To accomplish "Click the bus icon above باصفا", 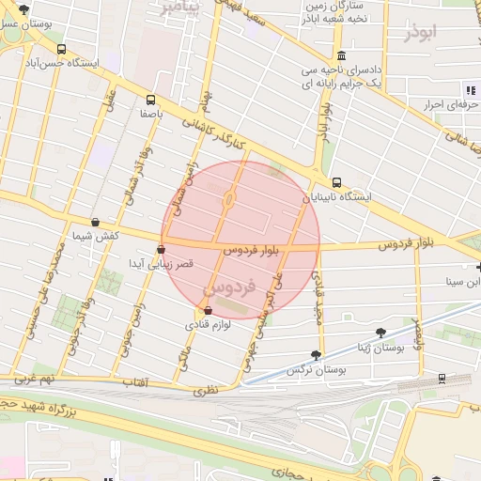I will click(x=150, y=98).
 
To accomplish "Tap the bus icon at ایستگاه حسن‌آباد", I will click(x=62, y=49).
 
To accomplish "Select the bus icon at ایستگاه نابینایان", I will click(x=336, y=183).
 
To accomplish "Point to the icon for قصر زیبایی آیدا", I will click(x=162, y=250).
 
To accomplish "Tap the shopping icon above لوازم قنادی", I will click(x=208, y=310).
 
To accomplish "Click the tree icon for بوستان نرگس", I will click(x=316, y=355).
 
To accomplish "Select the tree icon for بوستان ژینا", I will click(x=380, y=333).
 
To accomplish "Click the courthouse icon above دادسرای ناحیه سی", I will click(x=340, y=54).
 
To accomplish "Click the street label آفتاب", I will click(x=135, y=382).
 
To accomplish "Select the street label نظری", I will click(x=205, y=388).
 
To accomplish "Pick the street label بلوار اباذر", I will click(x=325, y=120).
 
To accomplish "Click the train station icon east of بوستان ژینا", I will click(x=442, y=379).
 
